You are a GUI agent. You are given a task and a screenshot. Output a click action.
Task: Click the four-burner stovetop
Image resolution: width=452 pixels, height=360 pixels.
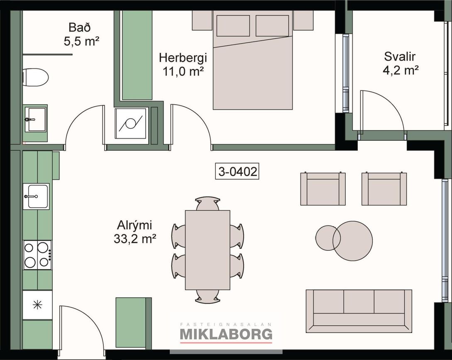(x=37, y=255)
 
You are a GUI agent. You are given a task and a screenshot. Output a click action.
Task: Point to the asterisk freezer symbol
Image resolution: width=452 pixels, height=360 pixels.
(x=37, y=305)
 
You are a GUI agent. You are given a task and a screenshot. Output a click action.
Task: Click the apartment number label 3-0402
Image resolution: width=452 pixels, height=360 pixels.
(x=237, y=171)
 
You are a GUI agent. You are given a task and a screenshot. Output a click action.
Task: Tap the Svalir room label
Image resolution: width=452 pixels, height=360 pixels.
(x=400, y=57)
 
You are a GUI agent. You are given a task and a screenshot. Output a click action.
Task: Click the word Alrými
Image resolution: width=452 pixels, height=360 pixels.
(x=134, y=225)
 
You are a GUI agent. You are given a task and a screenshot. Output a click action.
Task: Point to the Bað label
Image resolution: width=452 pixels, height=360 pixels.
(x=80, y=28)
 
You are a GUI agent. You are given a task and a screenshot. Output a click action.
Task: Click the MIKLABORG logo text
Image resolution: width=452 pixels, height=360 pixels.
(x=226, y=334)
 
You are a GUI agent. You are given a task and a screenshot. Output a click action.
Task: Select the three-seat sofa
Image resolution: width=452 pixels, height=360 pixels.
(x=359, y=311)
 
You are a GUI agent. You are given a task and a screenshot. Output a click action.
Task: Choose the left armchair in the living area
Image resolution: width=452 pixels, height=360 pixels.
(x=323, y=189)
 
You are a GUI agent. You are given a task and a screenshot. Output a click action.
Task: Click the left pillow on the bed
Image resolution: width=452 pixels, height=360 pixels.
(x=233, y=26)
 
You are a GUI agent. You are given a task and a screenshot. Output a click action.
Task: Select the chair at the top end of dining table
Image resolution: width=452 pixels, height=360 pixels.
(x=208, y=203)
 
